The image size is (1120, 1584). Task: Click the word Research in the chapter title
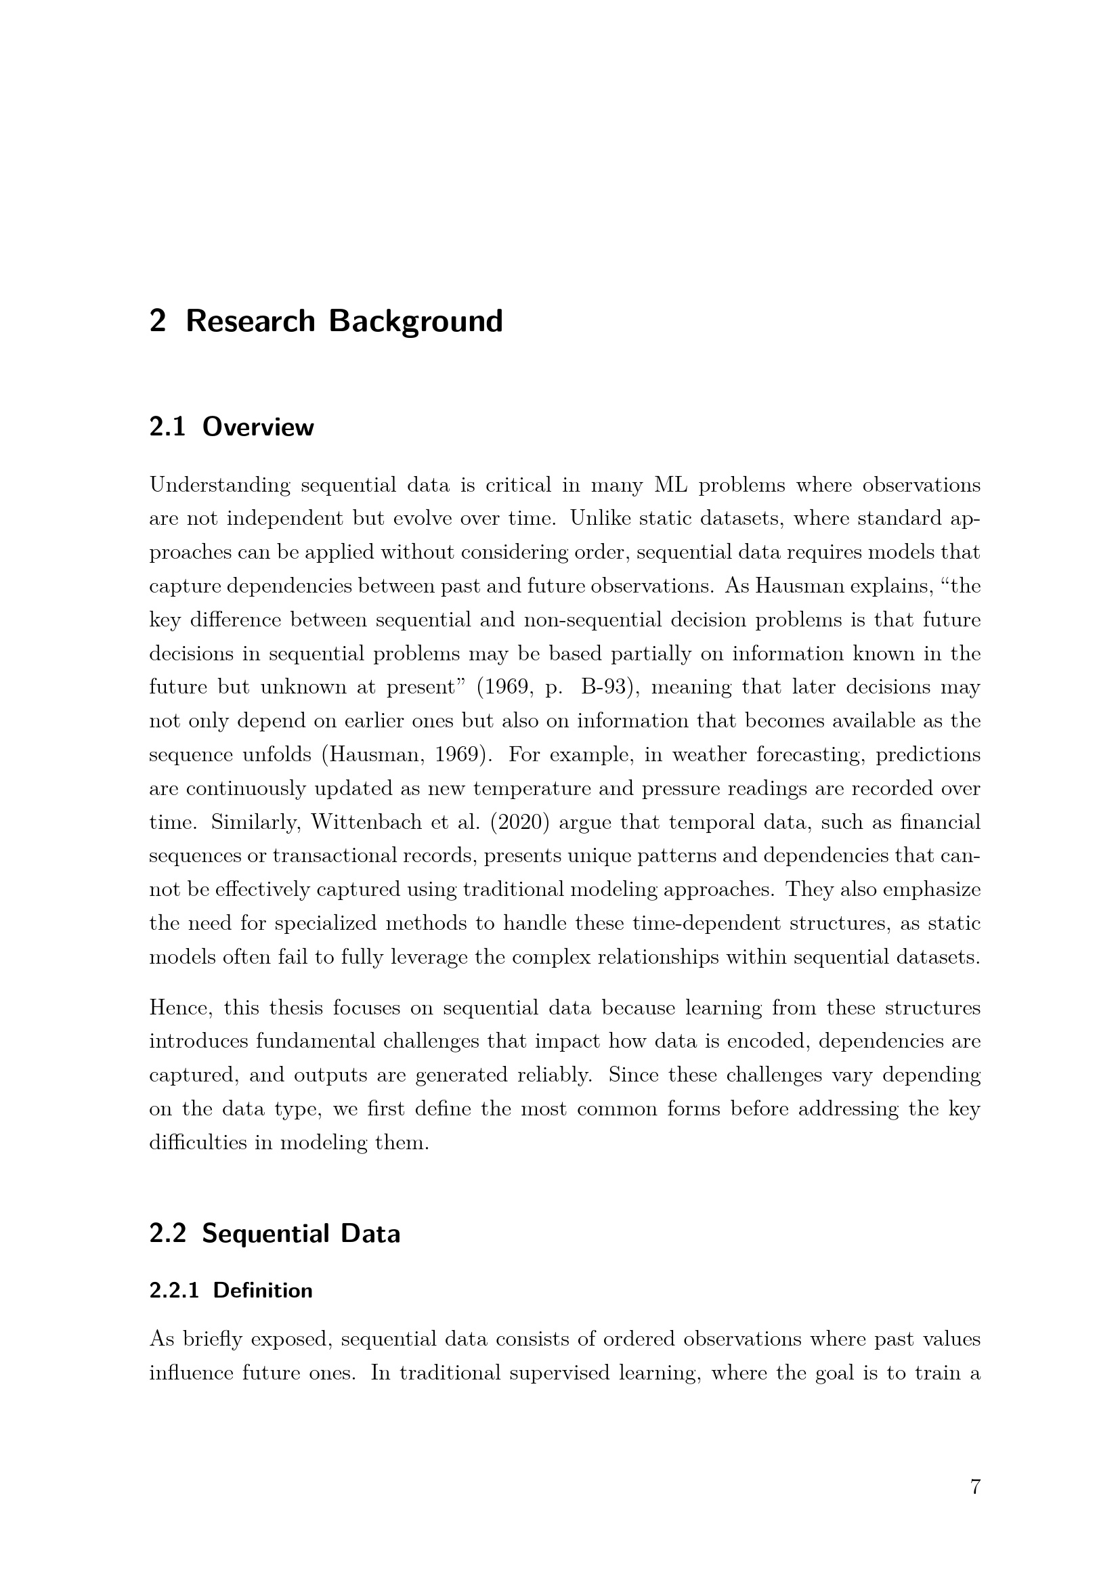pyautogui.click(x=251, y=322)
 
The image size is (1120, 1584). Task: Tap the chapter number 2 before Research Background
pyautogui.click(x=157, y=322)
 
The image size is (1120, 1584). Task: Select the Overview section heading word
pyautogui.click(x=258, y=427)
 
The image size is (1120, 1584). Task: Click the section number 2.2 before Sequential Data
pyautogui.click(x=167, y=1233)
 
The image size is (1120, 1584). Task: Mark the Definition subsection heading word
pyautogui.click(x=263, y=1291)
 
